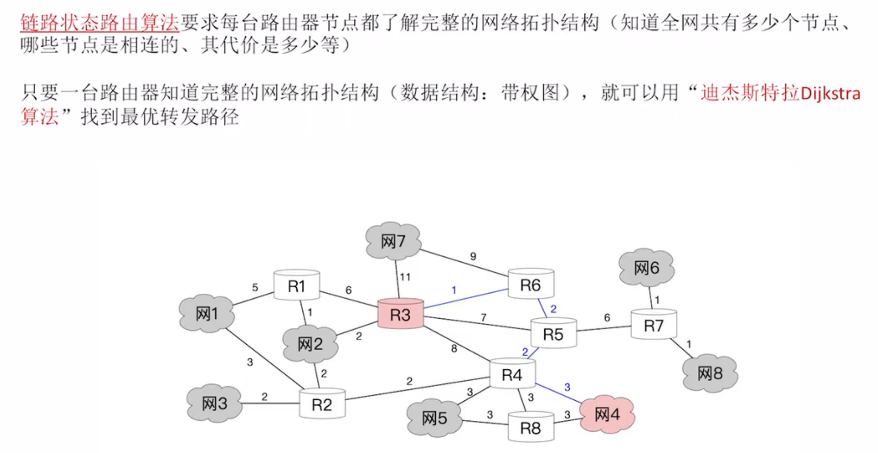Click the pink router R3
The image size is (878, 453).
click(x=401, y=314)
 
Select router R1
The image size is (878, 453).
click(x=296, y=286)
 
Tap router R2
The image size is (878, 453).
click(x=322, y=404)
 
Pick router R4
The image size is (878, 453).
click(x=512, y=374)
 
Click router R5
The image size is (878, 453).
click(x=553, y=334)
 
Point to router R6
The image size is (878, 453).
click(x=531, y=284)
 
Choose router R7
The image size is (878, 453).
click(x=654, y=325)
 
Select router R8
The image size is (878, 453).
click(x=531, y=428)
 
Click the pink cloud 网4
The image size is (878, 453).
click(x=607, y=414)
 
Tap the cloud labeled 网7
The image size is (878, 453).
click(x=393, y=241)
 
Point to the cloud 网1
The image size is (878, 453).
click(x=207, y=314)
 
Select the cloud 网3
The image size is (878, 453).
click(x=215, y=403)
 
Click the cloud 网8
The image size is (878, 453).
click(x=710, y=373)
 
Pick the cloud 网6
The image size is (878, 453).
click(x=646, y=268)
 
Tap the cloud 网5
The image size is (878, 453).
click(x=435, y=418)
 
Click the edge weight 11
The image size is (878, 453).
click(x=405, y=277)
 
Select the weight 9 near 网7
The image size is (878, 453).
click(x=473, y=256)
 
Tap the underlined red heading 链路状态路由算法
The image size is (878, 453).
click(x=100, y=23)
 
